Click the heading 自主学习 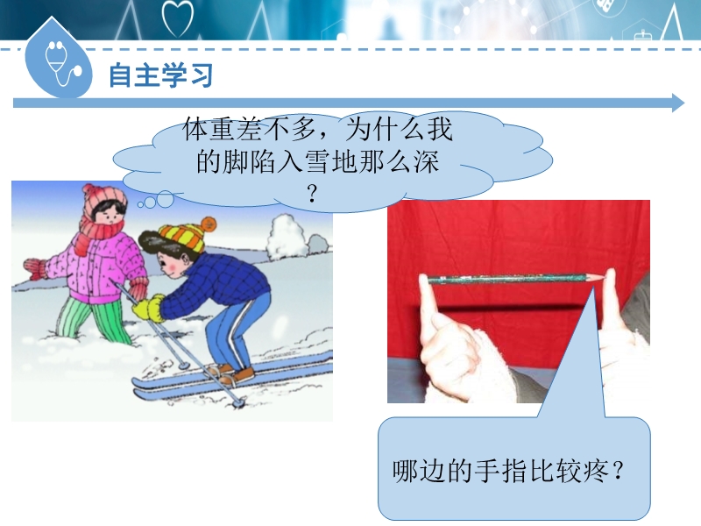pyautogui.click(x=161, y=75)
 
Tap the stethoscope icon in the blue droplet pyautogui.click(x=62, y=63)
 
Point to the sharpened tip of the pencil pyautogui.click(x=601, y=279)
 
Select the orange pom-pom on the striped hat pyautogui.click(x=209, y=224)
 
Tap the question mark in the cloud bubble pyautogui.click(x=312, y=194)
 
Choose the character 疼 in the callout pyautogui.click(x=596, y=471)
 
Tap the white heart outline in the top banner pyautogui.click(x=178, y=18)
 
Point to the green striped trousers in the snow pyautogui.click(x=95, y=321)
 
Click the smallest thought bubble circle pyautogui.click(x=141, y=205)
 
